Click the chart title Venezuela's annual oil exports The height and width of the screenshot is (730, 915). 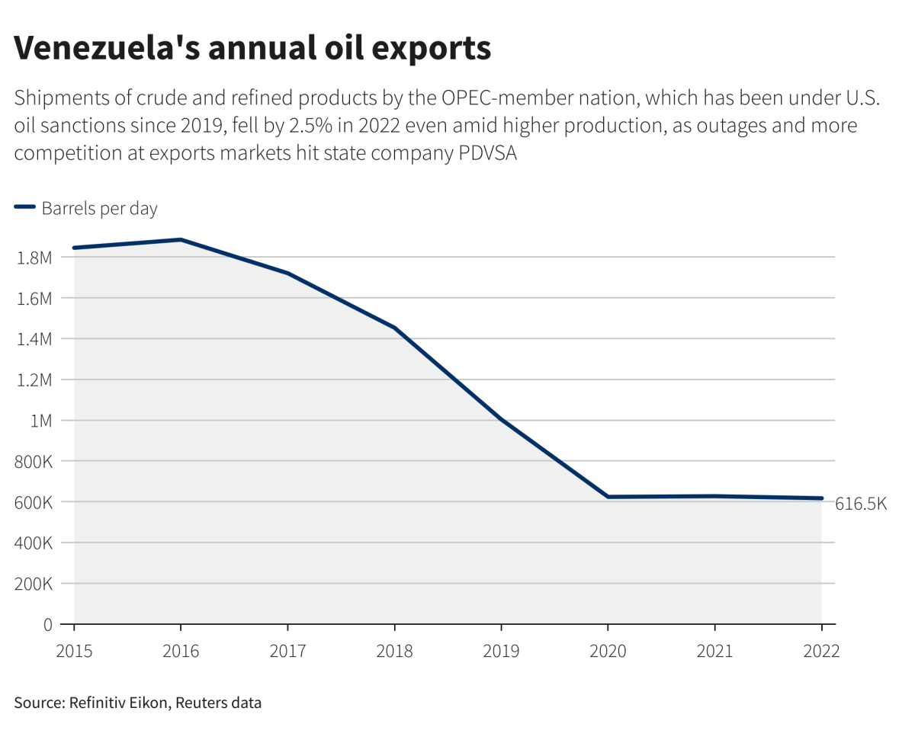tap(252, 48)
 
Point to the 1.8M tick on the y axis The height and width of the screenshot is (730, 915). tap(34, 258)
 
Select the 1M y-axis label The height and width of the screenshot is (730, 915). tap(40, 421)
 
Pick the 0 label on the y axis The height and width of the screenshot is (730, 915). tap(47, 625)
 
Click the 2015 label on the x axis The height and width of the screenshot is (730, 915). tap(74, 652)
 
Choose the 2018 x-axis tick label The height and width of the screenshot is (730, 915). tap(394, 652)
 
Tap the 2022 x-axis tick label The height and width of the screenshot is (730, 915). tap(821, 652)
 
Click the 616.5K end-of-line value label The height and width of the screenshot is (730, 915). tap(861, 504)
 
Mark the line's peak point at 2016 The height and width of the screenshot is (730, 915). tap(181, 239)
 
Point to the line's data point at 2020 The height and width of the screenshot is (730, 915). tap(608, 497)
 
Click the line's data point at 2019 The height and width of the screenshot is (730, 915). tap(501, 419)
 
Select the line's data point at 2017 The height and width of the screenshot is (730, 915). tap(287, 273)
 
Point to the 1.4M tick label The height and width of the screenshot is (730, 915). tap(34, 339)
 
